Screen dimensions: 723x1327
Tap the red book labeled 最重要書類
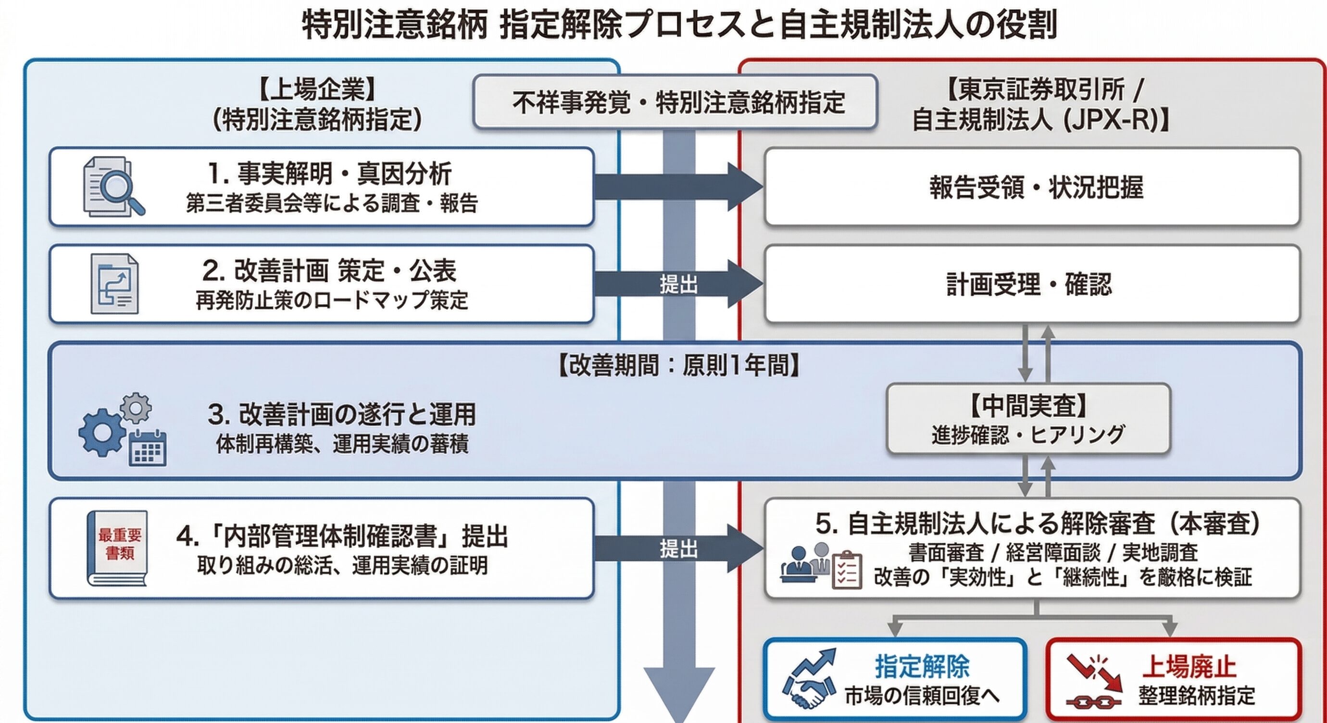point(117,548)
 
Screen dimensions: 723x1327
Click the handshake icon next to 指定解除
point(808,690)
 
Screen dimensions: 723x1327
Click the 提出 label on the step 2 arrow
point(678,284)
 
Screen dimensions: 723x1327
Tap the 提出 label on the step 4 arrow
point(678,549)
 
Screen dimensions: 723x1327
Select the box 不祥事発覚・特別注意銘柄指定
point(675,101)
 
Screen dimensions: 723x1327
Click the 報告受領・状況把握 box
point(1032,187)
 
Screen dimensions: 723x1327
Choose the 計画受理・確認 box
point(1032,284)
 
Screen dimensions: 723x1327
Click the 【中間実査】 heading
point(1028,406)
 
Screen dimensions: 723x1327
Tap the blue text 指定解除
point(922,666)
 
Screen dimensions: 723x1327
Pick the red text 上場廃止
point(1189,666)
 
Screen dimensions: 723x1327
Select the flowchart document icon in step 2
point(114,284)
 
